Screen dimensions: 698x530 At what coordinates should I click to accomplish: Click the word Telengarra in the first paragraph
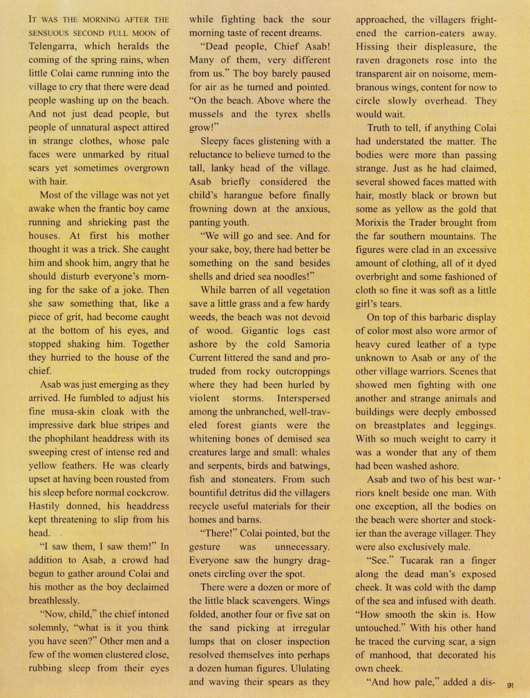click(x=56, y=47)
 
